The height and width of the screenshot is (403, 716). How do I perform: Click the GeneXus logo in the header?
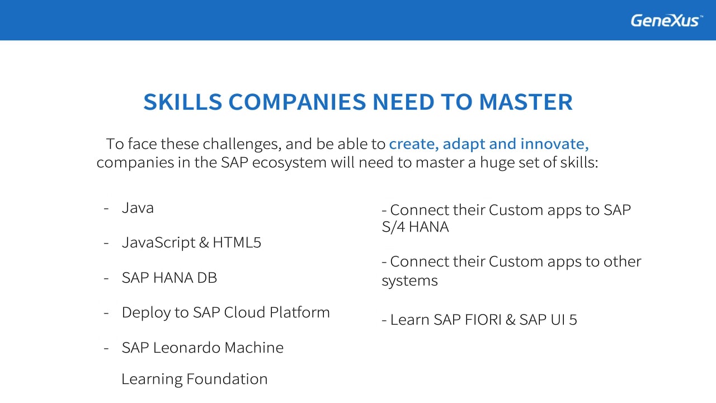click(666, 21)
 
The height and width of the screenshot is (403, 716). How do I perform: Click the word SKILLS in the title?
click(182, 102)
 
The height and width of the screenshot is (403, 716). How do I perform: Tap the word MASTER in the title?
click(526, 102)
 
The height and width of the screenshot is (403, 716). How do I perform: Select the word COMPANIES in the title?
click(297, 102)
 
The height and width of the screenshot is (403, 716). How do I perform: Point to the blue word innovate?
click(554, 144)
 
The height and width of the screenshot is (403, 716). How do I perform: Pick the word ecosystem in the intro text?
click(289, 163)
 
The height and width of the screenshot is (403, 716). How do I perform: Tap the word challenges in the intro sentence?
click(242, 144)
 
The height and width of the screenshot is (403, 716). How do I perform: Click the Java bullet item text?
click(138, 208)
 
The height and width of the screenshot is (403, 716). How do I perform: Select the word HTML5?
click(237, 242)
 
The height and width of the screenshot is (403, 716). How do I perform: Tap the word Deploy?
click(146, 313)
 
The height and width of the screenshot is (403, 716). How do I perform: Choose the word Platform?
click(299, 312)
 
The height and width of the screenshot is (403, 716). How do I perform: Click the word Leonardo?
click(187, 348)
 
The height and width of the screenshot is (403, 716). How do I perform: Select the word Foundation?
click(227, 379)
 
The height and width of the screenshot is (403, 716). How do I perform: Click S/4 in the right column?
click(393, 227)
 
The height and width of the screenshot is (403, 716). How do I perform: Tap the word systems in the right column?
click(410, 281)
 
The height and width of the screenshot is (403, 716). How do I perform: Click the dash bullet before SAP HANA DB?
click(106, 278)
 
